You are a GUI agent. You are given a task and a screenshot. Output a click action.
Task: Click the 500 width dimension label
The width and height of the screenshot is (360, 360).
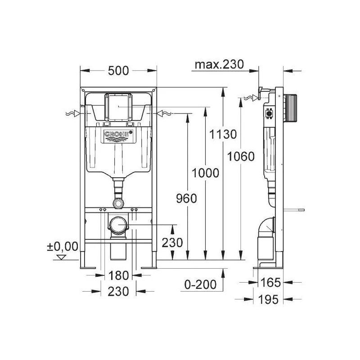118,71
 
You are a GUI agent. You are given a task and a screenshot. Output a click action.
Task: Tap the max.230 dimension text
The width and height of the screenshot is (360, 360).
219,64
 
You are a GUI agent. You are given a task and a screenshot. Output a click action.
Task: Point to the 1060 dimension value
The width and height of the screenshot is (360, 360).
241,156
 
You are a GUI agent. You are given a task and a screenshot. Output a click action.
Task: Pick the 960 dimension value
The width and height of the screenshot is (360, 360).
186,198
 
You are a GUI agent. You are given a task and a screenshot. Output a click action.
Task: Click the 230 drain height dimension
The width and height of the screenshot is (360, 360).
173,243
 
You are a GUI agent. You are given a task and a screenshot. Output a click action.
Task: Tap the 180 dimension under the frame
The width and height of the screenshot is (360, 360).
118,275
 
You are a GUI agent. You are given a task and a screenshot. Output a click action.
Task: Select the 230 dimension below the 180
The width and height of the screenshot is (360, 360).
118,291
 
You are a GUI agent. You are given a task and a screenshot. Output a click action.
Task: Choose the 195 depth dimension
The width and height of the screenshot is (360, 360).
270,299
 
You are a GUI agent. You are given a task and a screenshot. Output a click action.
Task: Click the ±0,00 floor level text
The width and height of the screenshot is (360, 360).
62,246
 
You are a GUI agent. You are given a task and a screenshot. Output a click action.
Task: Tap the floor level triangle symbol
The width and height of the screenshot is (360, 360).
62,257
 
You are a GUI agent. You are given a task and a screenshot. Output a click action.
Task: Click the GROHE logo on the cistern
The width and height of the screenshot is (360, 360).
118,135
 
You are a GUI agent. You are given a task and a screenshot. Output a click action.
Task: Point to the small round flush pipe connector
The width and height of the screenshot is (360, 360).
118,203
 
